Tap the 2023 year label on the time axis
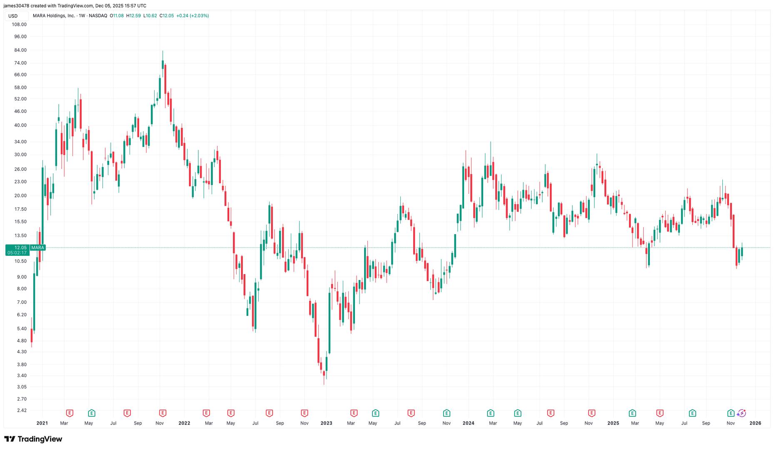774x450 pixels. coord(326,423)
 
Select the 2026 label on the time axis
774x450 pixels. coord(755,423)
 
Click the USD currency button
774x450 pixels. coord(13,16)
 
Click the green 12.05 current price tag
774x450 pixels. coord(17,247)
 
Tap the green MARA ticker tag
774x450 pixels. coord(37,247)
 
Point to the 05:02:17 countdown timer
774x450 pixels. coord(17,253)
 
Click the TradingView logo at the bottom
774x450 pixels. coord(33,439)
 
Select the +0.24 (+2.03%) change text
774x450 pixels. coord(192,16)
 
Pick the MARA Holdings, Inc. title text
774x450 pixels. coord(54,16)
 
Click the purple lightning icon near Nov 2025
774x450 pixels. coord(741,413)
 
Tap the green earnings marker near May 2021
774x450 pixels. coord(92,413)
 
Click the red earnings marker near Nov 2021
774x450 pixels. coord(162,413)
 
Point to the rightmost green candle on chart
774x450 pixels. coord(742,252)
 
